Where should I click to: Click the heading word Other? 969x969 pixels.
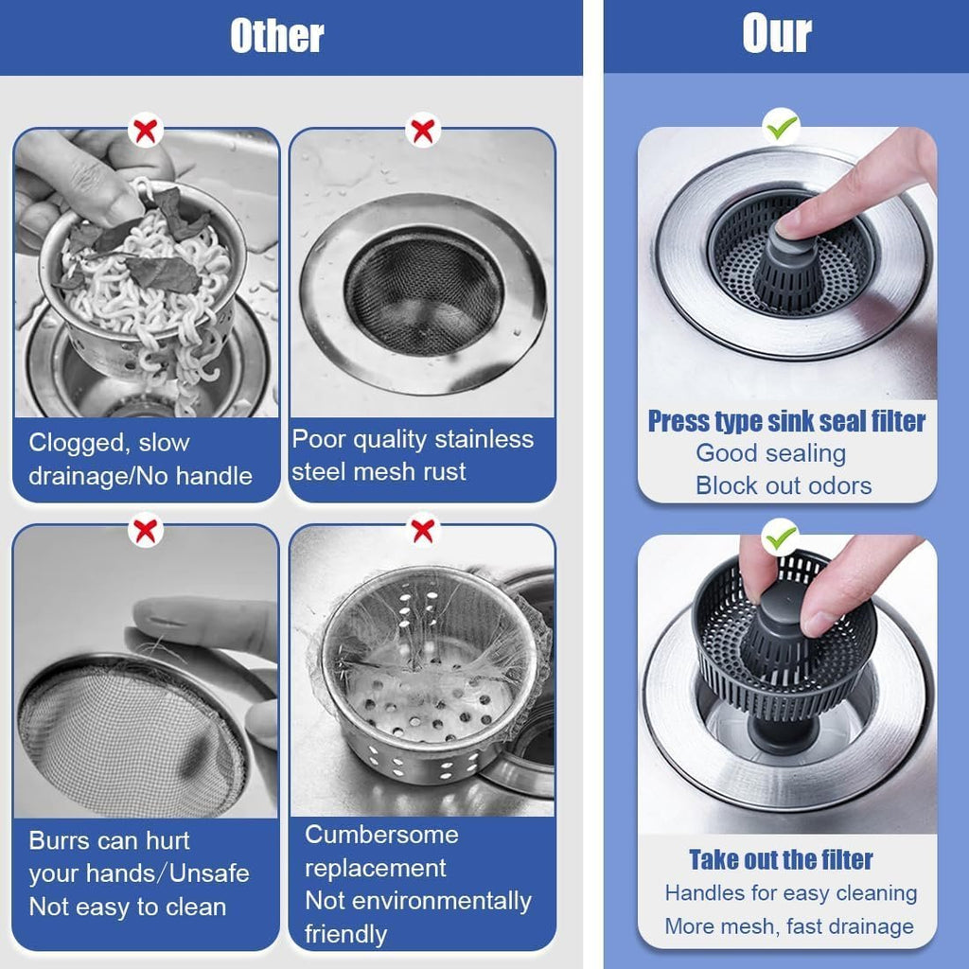[x=277, y=36]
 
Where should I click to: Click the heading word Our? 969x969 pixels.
[x=777, y=35]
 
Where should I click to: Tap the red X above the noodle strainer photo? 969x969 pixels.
[x=145, y=130]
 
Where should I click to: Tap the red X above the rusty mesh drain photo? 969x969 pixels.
[x=422, y=130]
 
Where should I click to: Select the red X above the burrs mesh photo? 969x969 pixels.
[x=145, y=530]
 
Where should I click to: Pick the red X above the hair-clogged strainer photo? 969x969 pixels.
[x=422, y=530]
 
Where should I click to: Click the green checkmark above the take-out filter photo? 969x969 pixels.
[x=782, y=537]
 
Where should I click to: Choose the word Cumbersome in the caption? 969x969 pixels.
[x=381, y=835]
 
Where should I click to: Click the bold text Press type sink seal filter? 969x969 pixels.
[x=786, y=421]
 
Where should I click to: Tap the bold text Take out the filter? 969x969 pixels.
[x=781, y=859]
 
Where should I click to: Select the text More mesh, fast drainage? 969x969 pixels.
[x=789, y=925]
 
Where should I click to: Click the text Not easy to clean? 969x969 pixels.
[x=128, y=907]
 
